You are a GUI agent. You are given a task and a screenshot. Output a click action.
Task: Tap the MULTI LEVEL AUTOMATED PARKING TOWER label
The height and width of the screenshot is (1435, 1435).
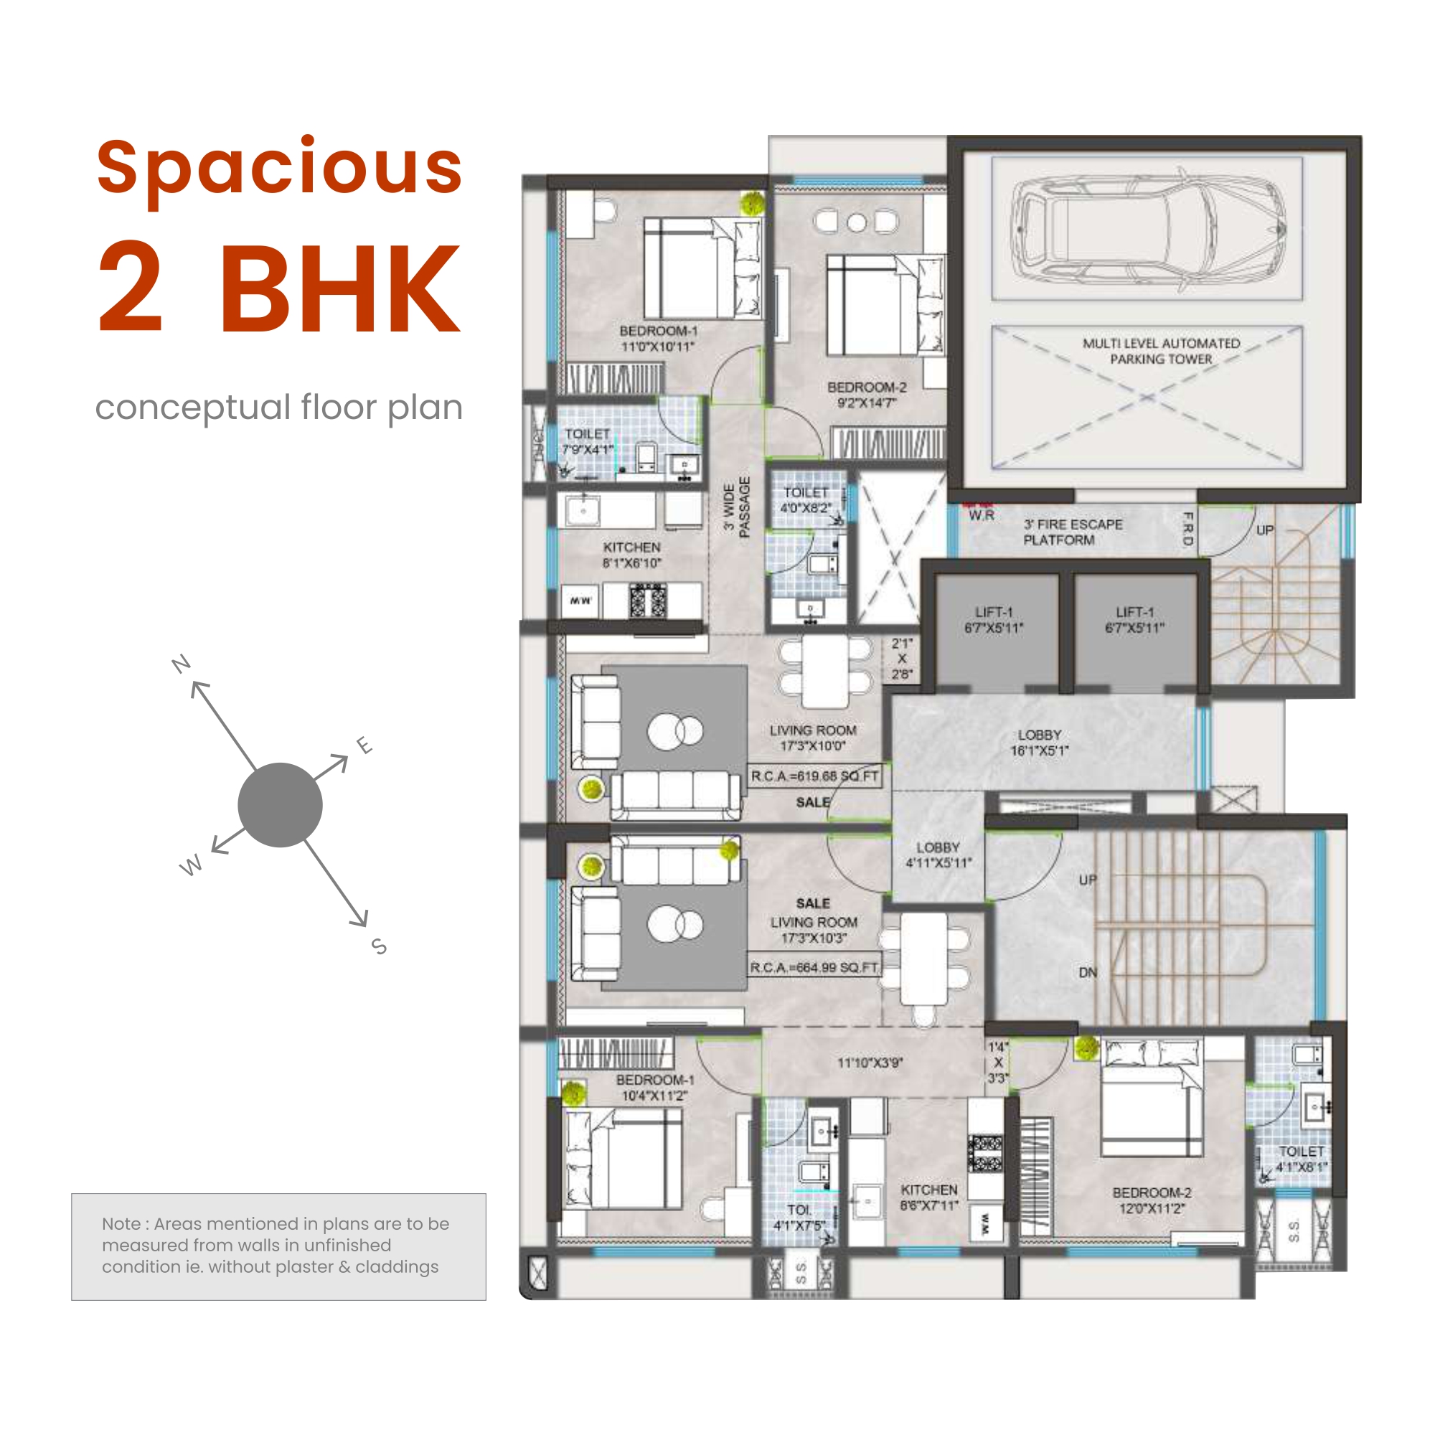(1161, 352)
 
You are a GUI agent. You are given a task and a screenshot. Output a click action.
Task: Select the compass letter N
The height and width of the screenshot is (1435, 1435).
(182, 663)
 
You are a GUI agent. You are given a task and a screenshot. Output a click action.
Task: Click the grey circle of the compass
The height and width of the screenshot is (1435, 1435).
(280, 804)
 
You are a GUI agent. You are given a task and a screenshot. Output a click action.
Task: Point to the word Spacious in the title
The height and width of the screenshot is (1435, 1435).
(279, 168)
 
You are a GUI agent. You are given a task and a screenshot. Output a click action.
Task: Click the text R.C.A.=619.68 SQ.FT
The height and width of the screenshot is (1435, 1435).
(814, 776)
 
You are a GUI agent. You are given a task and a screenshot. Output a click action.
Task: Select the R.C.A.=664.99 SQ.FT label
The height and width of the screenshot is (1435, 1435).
(814, 968)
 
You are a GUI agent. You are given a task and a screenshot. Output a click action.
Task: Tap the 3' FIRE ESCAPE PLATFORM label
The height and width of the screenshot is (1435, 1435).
(1073, 532)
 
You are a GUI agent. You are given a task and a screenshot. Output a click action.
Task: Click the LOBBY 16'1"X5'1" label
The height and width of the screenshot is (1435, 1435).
(1039, 742)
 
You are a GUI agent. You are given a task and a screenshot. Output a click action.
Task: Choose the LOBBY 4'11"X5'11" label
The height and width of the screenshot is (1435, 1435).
(937, 855)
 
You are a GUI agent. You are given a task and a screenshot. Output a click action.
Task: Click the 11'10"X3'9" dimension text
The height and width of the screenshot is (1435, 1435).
(870, 1063)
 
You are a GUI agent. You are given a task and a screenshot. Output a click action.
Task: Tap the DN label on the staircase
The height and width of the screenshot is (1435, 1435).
(1088, 972)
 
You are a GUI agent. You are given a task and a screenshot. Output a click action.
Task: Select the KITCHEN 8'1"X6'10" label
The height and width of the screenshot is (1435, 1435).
(631, 555)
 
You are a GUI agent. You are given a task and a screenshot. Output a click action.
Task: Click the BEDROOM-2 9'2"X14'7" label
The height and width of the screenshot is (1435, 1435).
(867, 395)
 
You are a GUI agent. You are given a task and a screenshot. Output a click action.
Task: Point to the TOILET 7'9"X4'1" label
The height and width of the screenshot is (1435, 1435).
(588, 441)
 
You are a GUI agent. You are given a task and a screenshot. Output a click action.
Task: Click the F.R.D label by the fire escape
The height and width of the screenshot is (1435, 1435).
(1187, 529)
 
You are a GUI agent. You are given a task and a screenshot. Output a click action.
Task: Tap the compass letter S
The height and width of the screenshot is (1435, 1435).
(380, 946)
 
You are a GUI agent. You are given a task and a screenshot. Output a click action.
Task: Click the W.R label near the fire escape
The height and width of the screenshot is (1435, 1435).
(981, 514)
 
